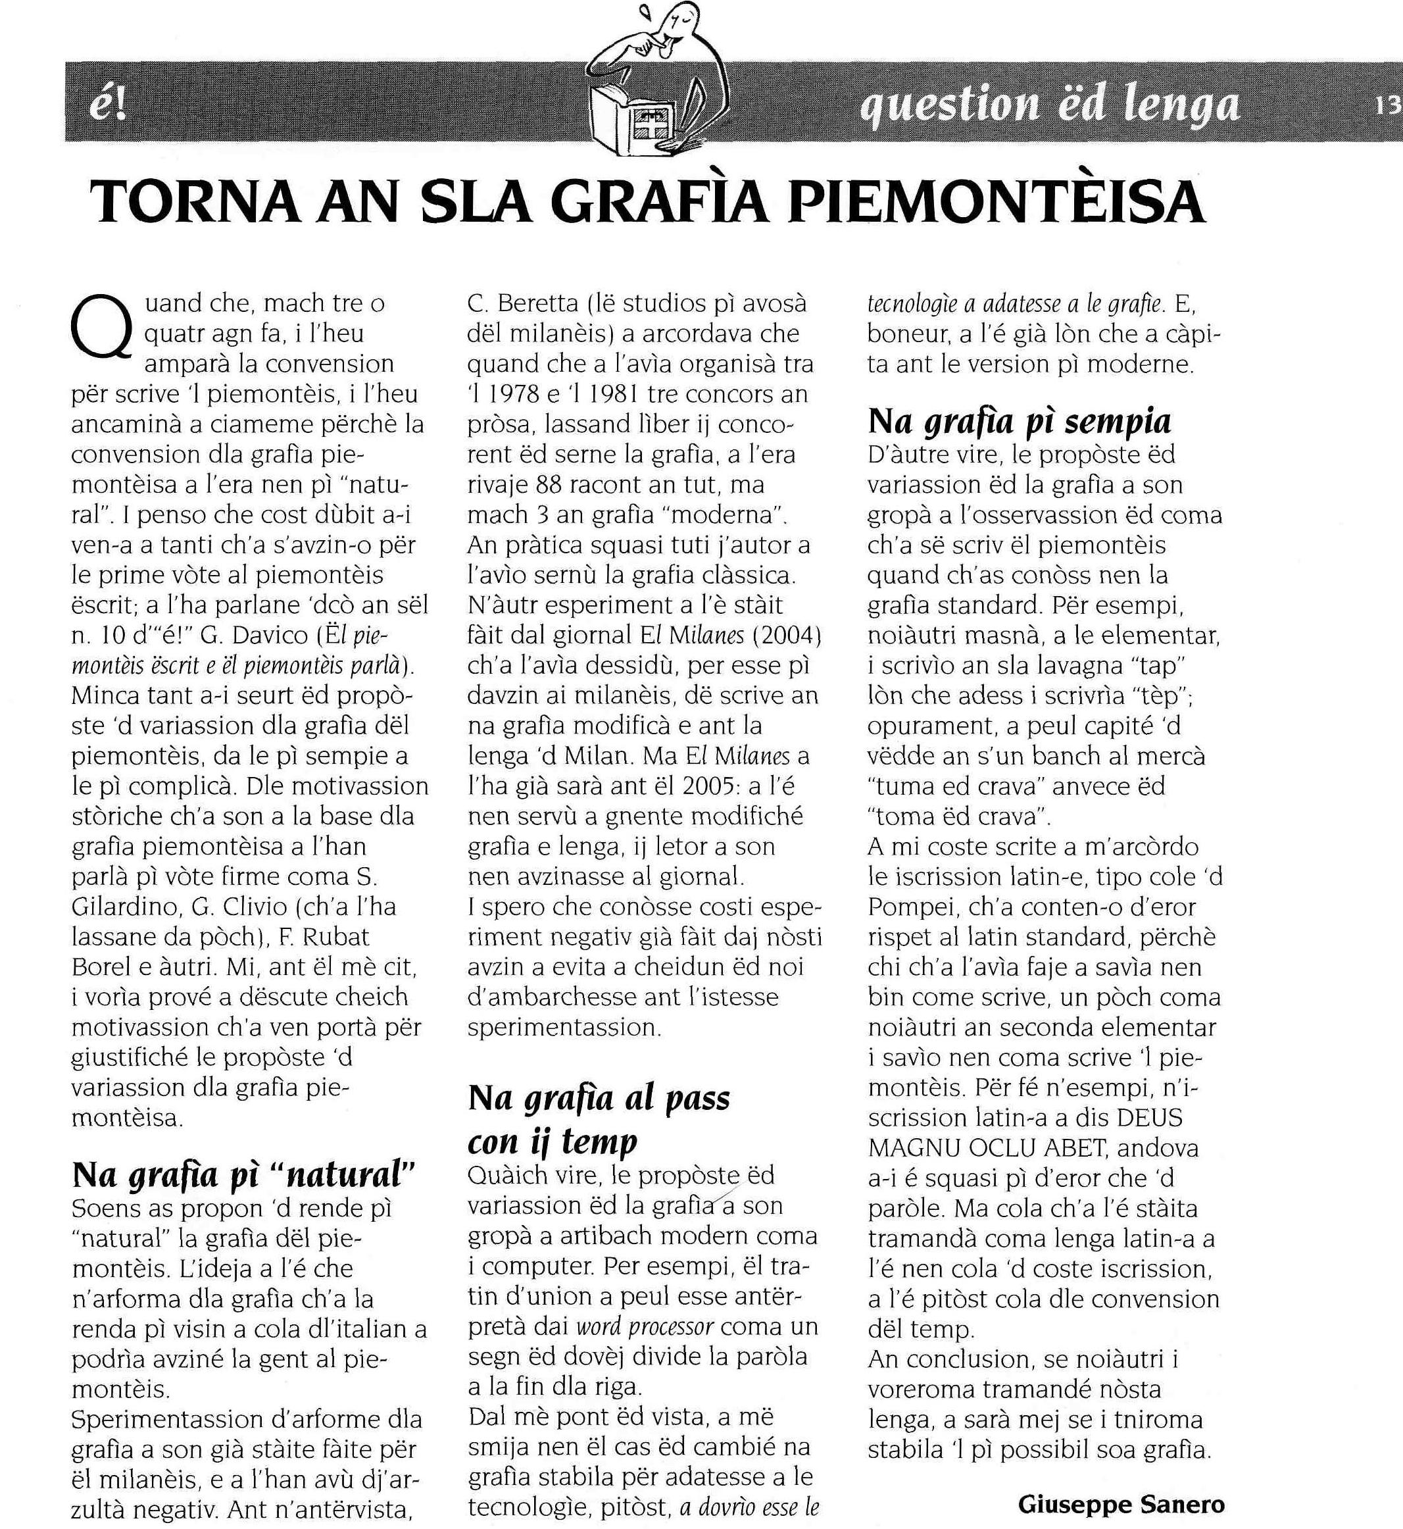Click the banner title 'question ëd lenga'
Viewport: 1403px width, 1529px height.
(1049, 105)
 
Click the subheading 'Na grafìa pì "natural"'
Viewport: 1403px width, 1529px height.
(244, 1176)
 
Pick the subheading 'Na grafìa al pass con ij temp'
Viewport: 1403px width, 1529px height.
(599, 1119)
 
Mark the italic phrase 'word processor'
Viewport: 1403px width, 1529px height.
(645, 1326)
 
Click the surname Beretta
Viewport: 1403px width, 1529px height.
(538, 304)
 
